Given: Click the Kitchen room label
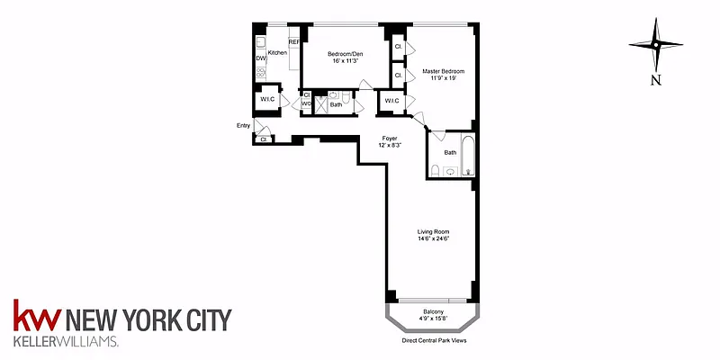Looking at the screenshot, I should click(x=276, y=53).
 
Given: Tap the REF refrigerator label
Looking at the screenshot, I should click(x=293, y=42).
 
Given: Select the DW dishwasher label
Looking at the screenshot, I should click(x=259, y=58).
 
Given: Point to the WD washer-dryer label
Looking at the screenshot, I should click(x=306, y=103).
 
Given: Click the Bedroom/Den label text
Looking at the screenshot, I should click(x=344, y=53).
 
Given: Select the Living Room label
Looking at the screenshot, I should click(x=434, y=230).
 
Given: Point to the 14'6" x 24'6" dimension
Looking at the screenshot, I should click(x=434, y=238).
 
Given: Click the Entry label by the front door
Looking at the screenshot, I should click(x=243, y=125).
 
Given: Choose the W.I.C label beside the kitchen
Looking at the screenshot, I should click(x=267, y=100).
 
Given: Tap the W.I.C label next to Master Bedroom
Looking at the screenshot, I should click(x=391, y=100).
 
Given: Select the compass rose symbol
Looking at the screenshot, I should click(x=656, y=44).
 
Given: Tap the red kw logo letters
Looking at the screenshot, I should click(x=36, y=319).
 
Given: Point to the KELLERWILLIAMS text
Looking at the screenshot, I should click(x=65, y=343).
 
